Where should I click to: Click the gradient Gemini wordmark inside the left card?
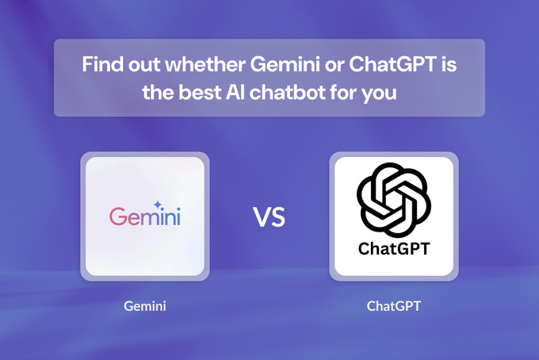143,216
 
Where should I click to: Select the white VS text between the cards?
269,216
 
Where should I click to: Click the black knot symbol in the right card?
393,199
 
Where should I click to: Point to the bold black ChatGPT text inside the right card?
393,250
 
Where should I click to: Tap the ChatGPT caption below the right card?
393,304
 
